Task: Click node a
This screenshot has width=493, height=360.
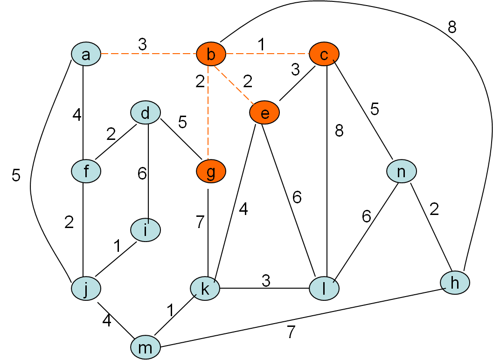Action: tap(86, 55)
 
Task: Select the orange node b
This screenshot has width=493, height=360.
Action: tap(211, 55)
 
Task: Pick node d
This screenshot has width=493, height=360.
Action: tap(146, 113)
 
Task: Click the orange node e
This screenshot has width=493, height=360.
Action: tap(264, 113)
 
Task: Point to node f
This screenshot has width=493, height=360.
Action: tap(86, 171)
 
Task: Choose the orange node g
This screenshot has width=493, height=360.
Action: tap(211, 171)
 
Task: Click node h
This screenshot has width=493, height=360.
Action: tap(455, 282)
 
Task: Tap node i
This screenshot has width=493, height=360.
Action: tap(146, 230)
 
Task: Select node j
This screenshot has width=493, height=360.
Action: tap(86, 289)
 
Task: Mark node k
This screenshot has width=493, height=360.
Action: tap(205, 289)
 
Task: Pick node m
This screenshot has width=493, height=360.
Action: tap(146, 347)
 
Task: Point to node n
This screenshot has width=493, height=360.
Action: tap(401, 171)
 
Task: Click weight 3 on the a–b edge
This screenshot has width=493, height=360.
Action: tap(142, 44)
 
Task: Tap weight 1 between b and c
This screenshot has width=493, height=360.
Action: tap(261, 44)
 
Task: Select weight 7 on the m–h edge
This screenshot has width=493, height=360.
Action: tap(291, 332)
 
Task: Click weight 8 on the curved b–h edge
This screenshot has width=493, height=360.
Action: tap(451, 27)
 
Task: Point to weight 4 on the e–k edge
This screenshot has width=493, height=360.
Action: tap(243, 209)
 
